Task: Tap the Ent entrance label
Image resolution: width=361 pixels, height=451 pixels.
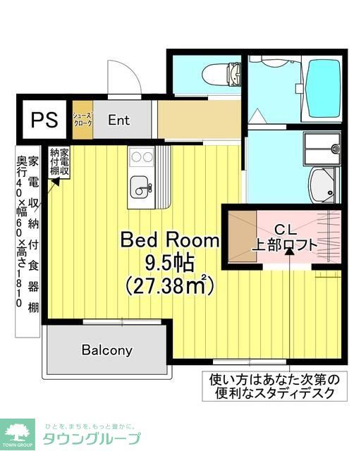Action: pos(118,120)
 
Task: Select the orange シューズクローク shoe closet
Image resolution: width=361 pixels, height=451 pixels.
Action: pos(82,119)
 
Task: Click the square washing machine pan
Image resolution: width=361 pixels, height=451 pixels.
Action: pos(321,147)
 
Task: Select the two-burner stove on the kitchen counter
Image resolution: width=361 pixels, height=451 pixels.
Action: pos(141,157)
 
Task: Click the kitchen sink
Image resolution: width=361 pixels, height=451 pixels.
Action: pos(141,187)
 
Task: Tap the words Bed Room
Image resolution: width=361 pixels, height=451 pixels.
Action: pos(169,240)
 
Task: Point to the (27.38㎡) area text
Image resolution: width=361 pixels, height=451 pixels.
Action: pos(169,285)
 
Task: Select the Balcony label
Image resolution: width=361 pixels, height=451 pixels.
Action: pos(106,350)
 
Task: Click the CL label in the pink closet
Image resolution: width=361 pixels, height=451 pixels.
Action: pos(287,229)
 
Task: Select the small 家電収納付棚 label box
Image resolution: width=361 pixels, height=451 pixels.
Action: pos(59,162)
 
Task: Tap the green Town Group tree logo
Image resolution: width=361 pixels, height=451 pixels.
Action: pos(18,432)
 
